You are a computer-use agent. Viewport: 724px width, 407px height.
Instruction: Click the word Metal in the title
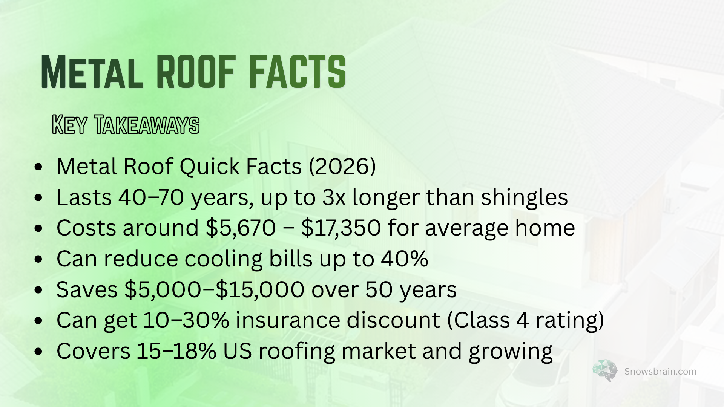(x=92, y=72)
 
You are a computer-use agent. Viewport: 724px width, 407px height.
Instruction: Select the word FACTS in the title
(x=297, y=72)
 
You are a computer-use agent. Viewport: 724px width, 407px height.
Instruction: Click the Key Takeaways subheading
(x=126, y=125)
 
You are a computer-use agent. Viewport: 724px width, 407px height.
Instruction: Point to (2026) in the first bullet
(x=342, y=166)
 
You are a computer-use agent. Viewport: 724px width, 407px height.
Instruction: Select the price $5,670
(x=241, y=228)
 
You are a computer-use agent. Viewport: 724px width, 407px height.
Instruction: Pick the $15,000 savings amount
(x=260, y=290)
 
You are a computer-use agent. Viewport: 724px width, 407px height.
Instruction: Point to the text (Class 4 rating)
(x=526, y=321)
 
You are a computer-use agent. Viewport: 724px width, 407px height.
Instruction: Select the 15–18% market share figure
(x=176, y=351)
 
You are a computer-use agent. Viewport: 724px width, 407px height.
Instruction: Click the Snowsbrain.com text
(x=660, y=372)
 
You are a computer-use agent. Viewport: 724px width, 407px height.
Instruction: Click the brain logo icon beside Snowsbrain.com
(x=605, y=370)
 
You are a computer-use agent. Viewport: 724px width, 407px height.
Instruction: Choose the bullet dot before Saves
(x=38, y=290)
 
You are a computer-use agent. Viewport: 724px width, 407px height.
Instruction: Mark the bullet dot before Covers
(x=38, y=352)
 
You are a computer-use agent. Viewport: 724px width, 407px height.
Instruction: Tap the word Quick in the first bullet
(x=209, y=166)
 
